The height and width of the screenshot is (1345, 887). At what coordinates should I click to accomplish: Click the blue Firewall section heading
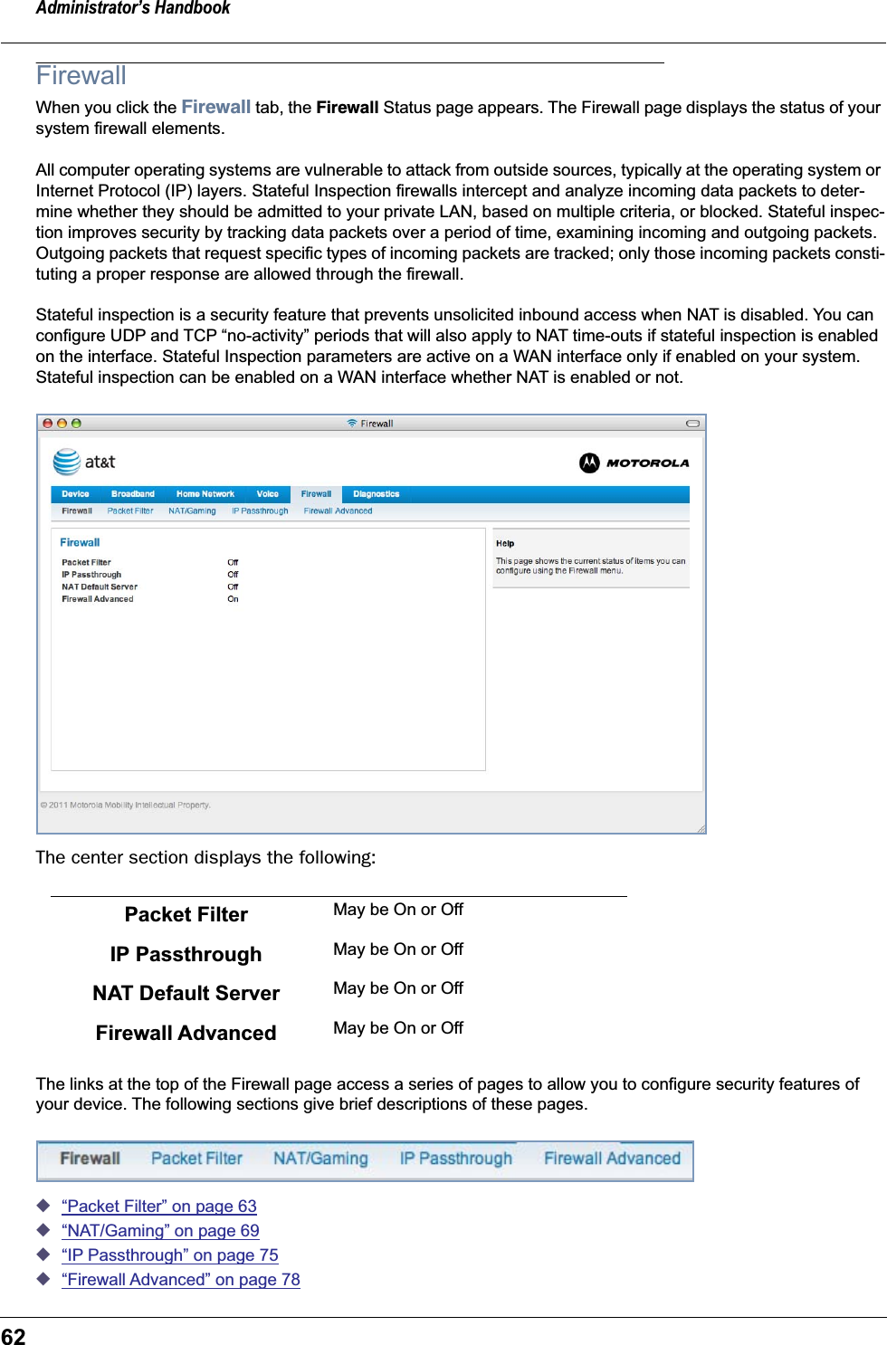81,76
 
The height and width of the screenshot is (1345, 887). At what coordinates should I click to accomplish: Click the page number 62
14,1336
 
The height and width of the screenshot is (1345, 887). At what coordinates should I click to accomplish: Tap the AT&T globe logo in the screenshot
66,462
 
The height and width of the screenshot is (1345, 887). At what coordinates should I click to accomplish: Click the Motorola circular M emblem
589,463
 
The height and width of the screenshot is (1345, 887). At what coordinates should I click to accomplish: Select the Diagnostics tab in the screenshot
376,494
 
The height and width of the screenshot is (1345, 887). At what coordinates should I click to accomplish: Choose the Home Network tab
205,494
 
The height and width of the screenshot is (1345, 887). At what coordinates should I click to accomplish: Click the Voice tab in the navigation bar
267,494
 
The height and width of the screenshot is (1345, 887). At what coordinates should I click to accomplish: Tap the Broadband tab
132,494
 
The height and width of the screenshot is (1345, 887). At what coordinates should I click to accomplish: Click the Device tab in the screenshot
75,494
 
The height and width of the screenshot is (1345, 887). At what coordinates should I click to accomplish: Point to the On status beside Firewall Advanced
233,599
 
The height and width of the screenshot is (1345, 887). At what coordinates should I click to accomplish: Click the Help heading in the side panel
505,544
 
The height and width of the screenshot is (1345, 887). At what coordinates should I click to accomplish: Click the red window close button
48,423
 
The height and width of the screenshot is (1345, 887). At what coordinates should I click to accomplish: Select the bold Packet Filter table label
186,914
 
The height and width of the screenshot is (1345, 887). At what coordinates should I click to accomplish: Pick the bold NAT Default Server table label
186,993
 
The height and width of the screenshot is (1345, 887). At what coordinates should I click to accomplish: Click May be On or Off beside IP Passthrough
397,949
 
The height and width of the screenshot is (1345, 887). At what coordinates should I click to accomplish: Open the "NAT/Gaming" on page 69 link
160,1230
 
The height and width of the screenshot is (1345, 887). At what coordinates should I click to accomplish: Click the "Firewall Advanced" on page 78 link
180,1279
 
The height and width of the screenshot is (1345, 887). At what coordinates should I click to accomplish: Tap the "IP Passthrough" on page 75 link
169,1254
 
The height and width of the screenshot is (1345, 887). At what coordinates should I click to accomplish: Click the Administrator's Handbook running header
133,8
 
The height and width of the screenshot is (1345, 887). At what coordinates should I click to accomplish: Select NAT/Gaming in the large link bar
320,1159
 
